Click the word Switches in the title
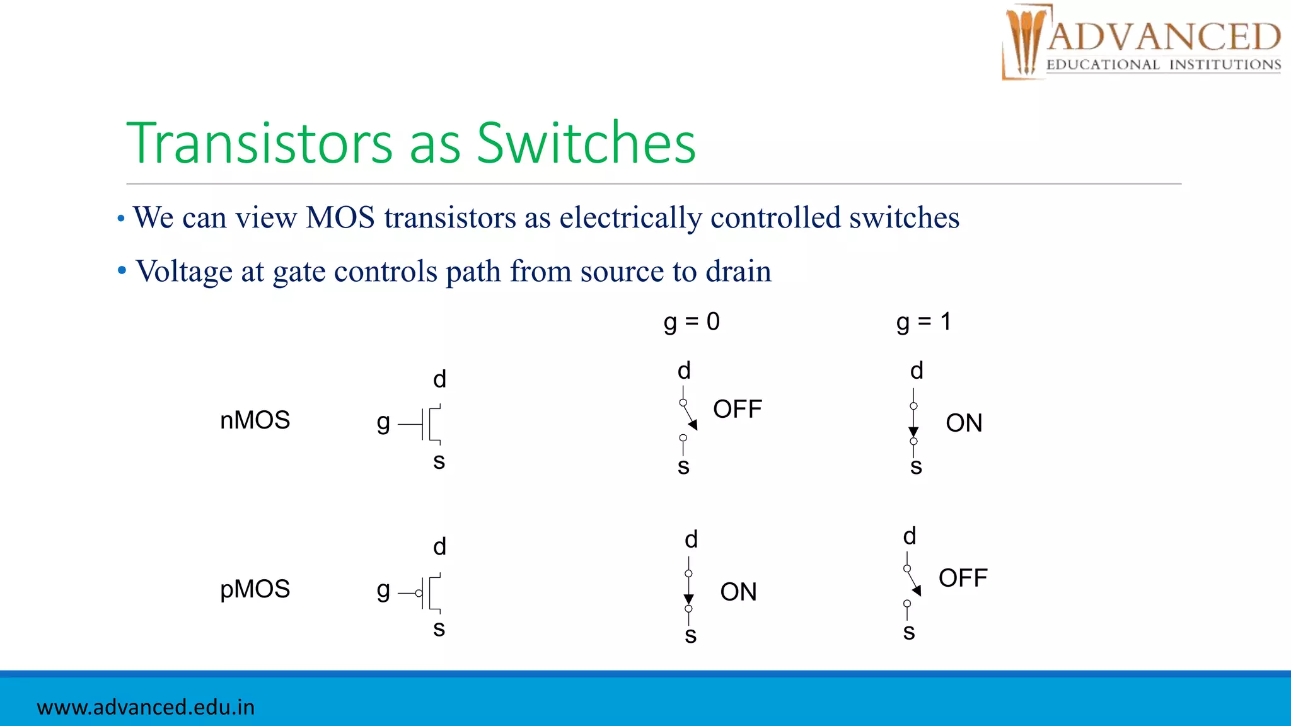coord(586,143)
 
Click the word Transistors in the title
coord(260,143)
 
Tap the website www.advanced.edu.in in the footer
coord(146,707)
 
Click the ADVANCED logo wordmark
coord(1164,37)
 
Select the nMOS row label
coord(255,420)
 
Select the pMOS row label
coord(255,589)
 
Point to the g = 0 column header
coord(692,322)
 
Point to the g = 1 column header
coord(923,322)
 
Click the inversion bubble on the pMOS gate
coord(419,593)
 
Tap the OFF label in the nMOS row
coord(737,410)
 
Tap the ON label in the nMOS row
coord(963,423)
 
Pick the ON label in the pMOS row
coord(738,592)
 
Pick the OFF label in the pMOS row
coord(963,578)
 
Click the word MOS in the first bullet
coord(340,218)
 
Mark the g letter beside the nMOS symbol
coord(383,422)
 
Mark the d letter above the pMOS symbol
coord(439,546)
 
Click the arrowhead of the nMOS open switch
coord(693,425)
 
